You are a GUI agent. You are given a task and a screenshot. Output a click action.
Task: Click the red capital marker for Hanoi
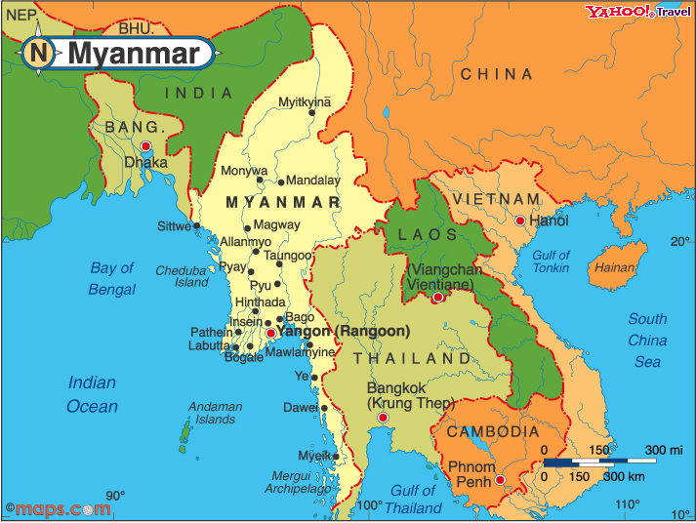pyautogui.click(x=519, y=221)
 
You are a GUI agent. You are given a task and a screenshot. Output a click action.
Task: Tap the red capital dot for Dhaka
pyautogui.click(x=145, y=147)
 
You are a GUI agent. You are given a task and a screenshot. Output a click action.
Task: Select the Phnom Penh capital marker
pyautogui.click(x=500, y=479)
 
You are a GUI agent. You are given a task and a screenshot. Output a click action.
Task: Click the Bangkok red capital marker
pyautogui.click(x=383, y=418)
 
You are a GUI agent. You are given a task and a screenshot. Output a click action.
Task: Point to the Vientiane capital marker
pyautogui.click(x=438, y=297)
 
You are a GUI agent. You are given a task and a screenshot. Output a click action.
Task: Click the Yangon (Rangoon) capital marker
pyautogui.click(x=270, y=334)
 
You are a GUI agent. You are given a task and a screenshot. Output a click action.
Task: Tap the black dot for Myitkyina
pyautogui.click(x=312, y=112)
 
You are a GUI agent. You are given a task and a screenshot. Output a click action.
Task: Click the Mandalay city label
pyautogui.click(x=312, y=181)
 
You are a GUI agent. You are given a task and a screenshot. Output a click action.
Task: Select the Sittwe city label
pyautogui.click(x=175, y=225)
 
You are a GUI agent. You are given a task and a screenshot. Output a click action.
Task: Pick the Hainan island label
pyautogui.click(x=615, y=267)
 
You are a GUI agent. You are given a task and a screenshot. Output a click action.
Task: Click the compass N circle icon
pyautogui.click(x=39, y=53)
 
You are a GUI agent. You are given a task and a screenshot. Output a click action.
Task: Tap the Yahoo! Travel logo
pyautogui.click(x=638, y=12)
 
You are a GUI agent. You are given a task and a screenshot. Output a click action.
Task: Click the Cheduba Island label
pyautogui.click(x=183, y=276)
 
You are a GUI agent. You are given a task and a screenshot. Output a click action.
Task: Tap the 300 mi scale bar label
pyautogui.click(x=663, y=450)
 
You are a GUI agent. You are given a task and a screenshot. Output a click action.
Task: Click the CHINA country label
pyautogui.click(x=497, y=74)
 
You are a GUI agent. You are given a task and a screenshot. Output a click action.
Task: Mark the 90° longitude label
pyautogui.click(x=116, y=496)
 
